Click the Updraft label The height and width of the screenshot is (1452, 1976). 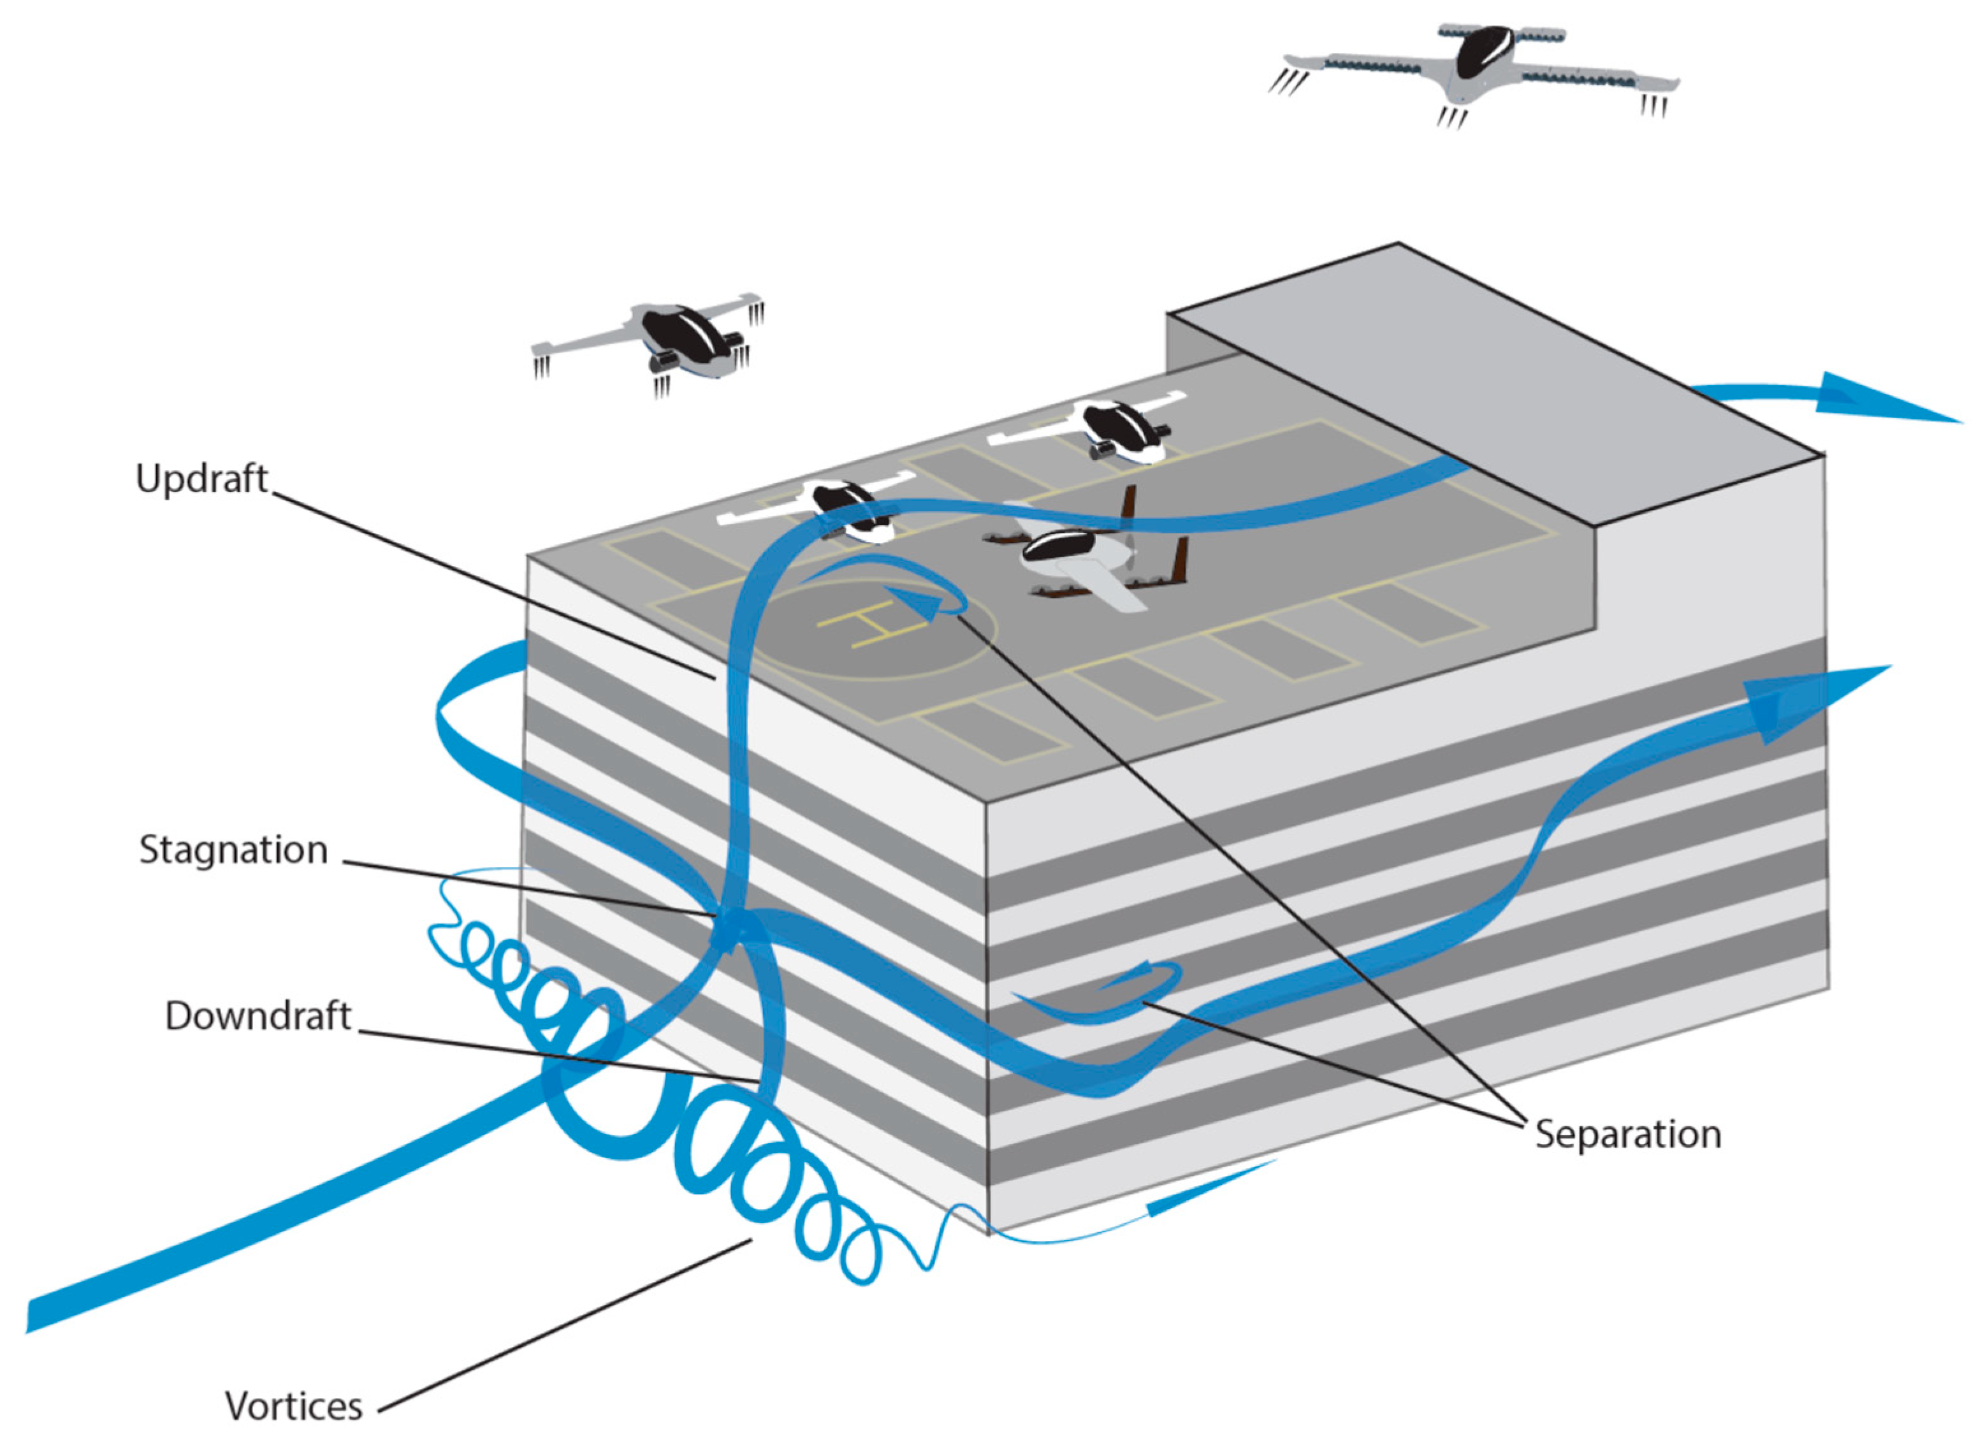click(201, 479)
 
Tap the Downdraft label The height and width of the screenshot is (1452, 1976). click(258, 1016)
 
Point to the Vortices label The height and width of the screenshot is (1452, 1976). click(294, 1406)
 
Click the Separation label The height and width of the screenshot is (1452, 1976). click(1628, 1134)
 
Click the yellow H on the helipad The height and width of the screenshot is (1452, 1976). click(873, 623)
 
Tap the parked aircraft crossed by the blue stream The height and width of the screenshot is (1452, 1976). click(835, 510)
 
